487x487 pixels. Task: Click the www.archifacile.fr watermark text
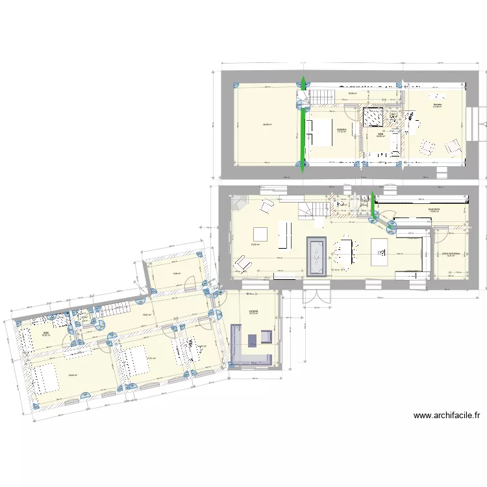(446, 416)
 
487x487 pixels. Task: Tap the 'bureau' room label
(437, 105)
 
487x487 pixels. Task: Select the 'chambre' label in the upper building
(341, 130)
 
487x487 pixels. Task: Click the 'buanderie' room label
(434, 209)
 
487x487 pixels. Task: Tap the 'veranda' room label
(253, 311)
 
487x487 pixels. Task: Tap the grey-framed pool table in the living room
(316, 256)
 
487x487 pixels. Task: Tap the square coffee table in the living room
(260, 234)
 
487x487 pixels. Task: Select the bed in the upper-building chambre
(321, 132)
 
